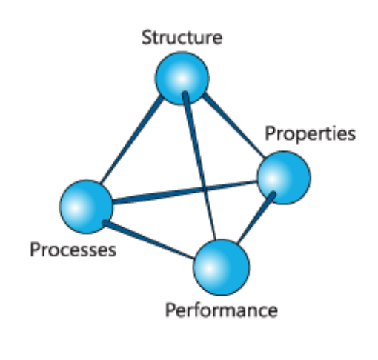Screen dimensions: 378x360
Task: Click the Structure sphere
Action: click(182, 79)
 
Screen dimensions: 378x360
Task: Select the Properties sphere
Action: click(284, 178)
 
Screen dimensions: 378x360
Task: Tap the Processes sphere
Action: click(86, 207)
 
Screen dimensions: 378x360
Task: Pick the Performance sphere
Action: click(222, 267)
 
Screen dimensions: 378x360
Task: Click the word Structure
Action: click(182, 38)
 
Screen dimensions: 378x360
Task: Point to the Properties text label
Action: click(310, 134)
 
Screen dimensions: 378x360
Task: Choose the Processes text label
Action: click(73, 250)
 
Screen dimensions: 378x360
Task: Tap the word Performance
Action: click(222, 310)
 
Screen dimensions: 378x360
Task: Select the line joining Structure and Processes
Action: click(131, 140)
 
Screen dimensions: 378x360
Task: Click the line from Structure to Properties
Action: click(233, 125)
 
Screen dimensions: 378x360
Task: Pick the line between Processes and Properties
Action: click(185, 193)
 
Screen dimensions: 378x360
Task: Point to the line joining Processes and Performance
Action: click(149, 239)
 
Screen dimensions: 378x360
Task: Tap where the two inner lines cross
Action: click(204, 190)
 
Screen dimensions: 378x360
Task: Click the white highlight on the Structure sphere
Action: click(182, 79)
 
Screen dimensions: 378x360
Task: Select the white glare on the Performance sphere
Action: click(210, 268)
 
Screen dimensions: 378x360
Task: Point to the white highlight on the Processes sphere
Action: click(76, 208)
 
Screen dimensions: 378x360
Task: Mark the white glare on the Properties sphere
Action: click(272, 179)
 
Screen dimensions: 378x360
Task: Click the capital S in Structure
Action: click(147, 38)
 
